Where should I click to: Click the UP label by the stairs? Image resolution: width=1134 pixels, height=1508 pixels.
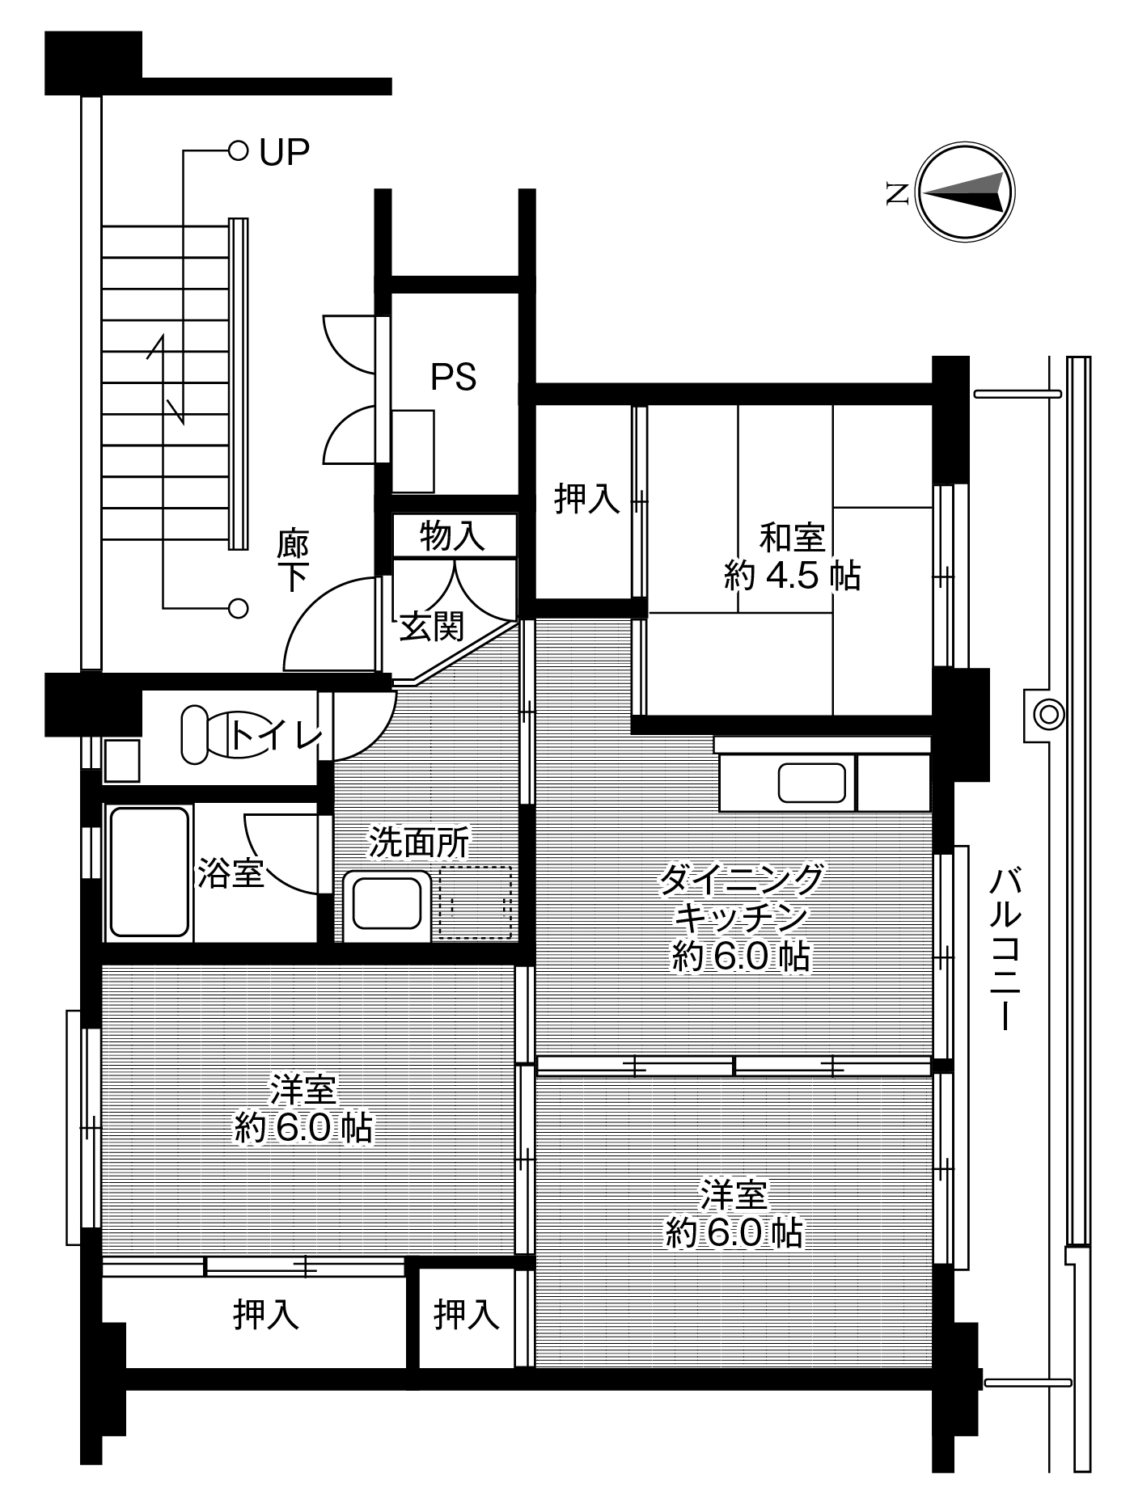pos(284,151)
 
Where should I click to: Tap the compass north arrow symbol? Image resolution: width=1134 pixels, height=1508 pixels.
pos(965,192)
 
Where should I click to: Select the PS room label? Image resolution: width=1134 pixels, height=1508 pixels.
pos(453,377)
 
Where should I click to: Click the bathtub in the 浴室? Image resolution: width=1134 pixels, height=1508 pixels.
pos(149,872)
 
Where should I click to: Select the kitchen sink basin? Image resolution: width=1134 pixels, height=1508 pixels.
pos(811,783)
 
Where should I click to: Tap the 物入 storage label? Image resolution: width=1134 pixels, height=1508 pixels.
pos(452,535)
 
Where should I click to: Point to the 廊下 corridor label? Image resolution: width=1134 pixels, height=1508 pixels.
pos(293,560)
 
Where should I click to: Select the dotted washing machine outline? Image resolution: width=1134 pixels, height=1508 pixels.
pos(476,902)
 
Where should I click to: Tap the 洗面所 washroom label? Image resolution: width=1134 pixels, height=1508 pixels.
pos(419,842)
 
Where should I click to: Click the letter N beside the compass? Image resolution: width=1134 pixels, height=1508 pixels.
pos(896,192)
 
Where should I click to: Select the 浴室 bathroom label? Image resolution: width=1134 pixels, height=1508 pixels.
pos(231,873)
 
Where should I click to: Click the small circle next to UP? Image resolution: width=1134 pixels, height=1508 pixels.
pos(238,150)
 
